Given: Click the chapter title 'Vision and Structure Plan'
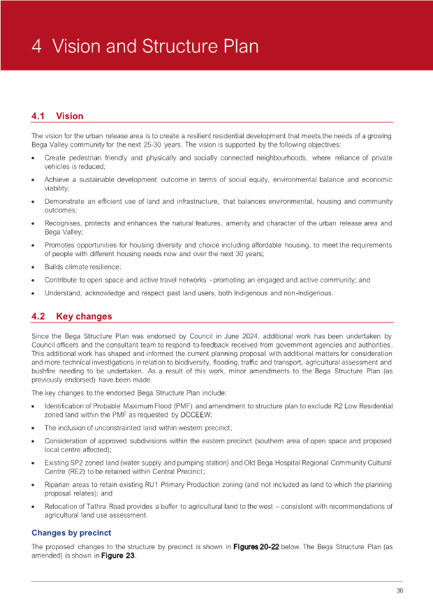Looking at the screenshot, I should pyautogui.click(x=155, y=47).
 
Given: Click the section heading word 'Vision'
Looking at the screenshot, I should pyautogui.click(x=69, y=116).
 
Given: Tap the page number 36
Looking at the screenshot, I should pyautogui.click(x=400, y=590).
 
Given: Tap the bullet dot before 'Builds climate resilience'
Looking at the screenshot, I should pyautogui.click(x=33, y=266).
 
